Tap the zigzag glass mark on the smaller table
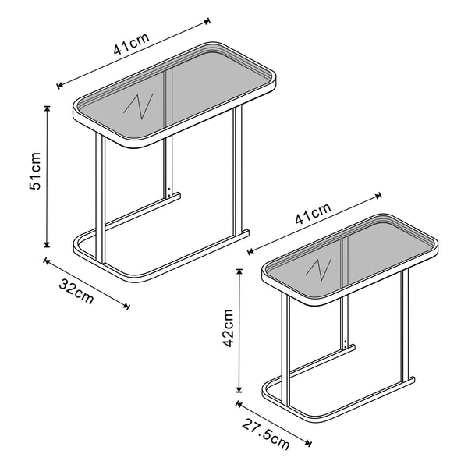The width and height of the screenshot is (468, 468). (x=317, y=268)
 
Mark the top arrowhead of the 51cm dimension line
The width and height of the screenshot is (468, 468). (x=47, y=108)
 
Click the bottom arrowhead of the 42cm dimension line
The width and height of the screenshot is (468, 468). (x=239, y=390)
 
